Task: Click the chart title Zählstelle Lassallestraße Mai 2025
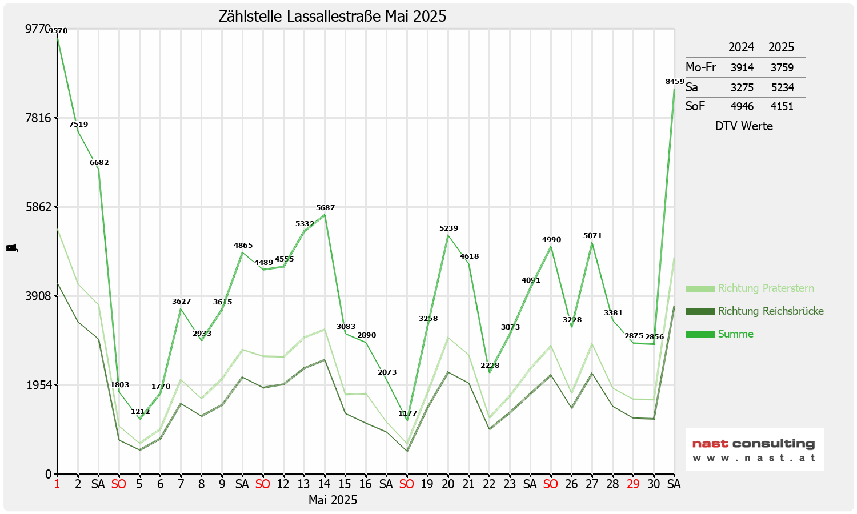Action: point(333,16)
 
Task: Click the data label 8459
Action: point(675,82)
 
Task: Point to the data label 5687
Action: point(325,208)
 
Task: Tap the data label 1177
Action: point(407,413)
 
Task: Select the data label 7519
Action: point(78,125)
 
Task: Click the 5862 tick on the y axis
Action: point(38,207)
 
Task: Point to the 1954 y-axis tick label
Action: point(38,385)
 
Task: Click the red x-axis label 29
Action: point(633,484)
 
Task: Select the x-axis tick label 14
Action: point(325,484)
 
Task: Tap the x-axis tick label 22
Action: point(489,484)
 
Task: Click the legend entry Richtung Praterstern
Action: point(766,288)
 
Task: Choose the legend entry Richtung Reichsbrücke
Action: point(770,311)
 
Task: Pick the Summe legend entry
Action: point(735,334)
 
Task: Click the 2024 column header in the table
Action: point(741,47)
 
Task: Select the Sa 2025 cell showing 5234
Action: point(782,87)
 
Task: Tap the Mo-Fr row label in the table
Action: point(700,67)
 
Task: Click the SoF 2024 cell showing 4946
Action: point(742,106)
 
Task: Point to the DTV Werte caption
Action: point(744,126)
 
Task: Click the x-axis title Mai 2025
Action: point(333,500)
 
